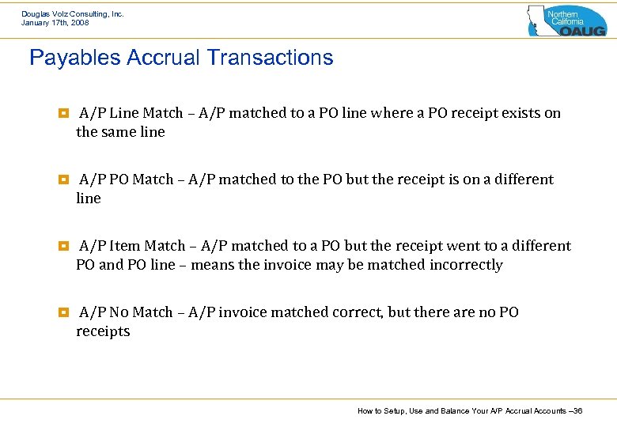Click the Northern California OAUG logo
[x=566, y=21]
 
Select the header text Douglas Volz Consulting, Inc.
[x=73, y=13]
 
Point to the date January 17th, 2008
[x=55, y=23]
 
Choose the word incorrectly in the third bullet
[x=466, y=265]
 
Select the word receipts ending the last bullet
[x=103, y=331]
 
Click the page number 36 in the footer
[x=577, y=411]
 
